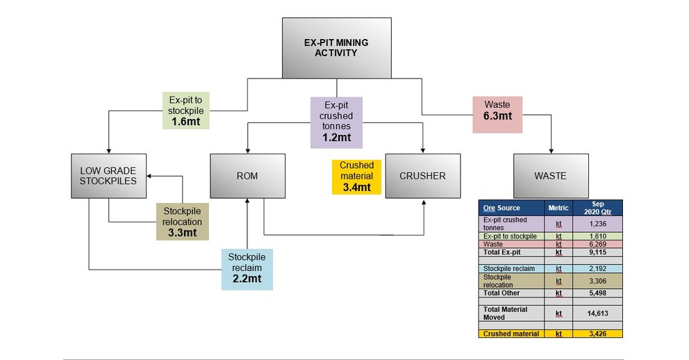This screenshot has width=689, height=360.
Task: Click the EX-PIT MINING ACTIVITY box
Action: [x=336, y=48]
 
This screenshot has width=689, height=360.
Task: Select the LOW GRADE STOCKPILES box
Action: [x=108, y=176]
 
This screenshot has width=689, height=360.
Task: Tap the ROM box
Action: [x=247, y=176]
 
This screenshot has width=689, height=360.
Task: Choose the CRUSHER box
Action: [x=422, y=176]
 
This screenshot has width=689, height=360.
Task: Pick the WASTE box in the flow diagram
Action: [x=550, y=176]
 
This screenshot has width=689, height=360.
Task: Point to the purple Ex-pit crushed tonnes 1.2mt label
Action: [x=336, y=122]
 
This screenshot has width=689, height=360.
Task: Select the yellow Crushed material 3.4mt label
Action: [x=356, y=177]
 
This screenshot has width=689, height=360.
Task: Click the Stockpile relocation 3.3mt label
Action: [x=183, y=222]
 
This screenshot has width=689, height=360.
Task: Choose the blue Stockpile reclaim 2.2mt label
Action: [x=247, y=269]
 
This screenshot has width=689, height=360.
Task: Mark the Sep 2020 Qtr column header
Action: [x=599, y=208]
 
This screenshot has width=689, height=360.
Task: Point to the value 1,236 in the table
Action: [x=599, y=224]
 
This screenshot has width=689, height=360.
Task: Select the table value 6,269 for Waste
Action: [x=599, y=244]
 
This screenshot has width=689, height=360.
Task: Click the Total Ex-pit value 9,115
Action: [x=599, y=252]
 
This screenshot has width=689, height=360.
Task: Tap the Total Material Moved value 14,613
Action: [x=599, y=313]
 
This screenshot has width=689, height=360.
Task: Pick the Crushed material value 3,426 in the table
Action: [x=599, y=334]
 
